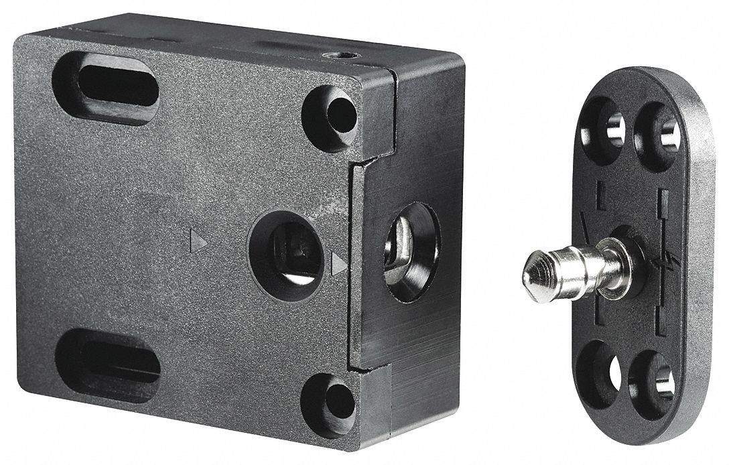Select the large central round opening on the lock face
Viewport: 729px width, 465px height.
coord(287,251)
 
